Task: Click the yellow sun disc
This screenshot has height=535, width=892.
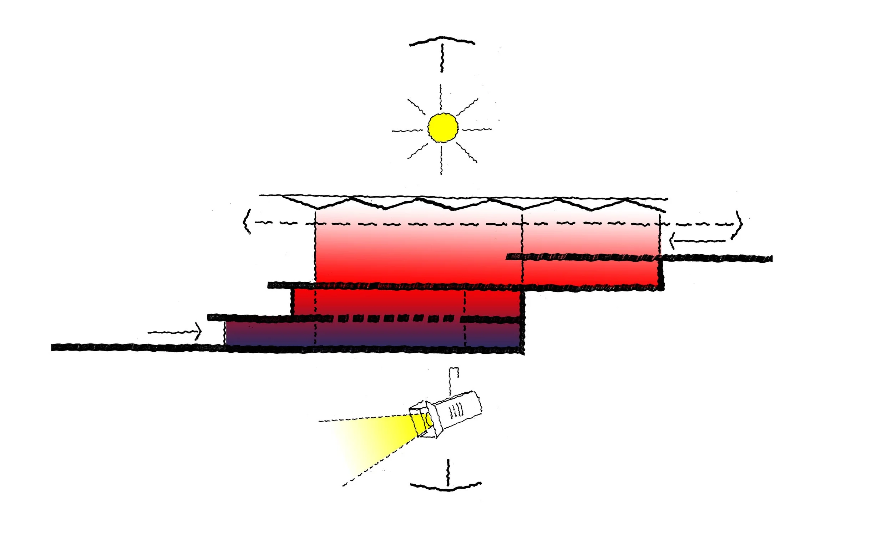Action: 443,127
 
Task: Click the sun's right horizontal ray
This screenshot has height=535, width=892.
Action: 477,129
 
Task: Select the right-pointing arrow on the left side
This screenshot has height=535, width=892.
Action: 175,332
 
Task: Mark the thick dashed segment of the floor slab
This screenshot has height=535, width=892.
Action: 393,319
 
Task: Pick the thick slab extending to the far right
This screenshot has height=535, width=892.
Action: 718,258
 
